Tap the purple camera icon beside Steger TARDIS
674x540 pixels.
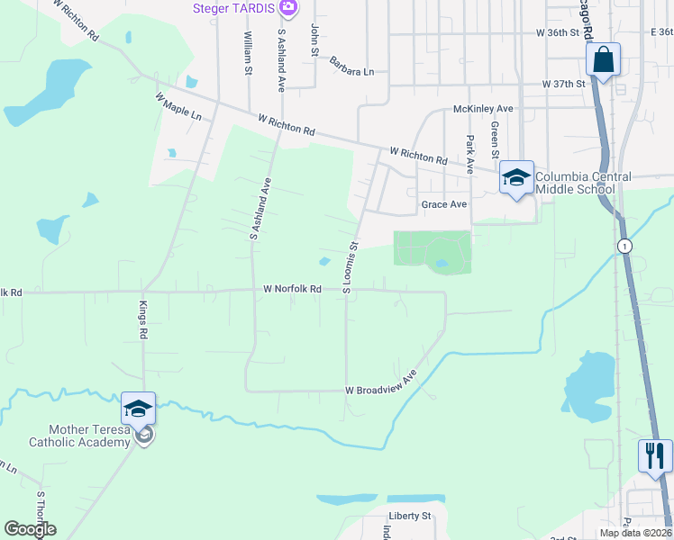coord(287,8)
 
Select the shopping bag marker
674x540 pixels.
coord(603,60)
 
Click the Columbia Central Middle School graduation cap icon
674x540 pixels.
coord(516,177)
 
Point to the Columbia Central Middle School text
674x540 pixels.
coord(583,183)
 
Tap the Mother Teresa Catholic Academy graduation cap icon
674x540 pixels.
coord(139,409)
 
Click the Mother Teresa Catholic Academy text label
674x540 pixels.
coord(80,436)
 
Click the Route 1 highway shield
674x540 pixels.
coord(623,246)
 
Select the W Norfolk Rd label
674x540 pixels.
coord(292,290)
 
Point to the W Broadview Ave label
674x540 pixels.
coord(381,383)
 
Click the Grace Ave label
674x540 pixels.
coord(444,205)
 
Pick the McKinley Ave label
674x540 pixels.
coord(483,109)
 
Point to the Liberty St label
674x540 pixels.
coord(410,517)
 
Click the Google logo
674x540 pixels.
coord(30,529)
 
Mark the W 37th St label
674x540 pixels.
coord(564,84)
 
